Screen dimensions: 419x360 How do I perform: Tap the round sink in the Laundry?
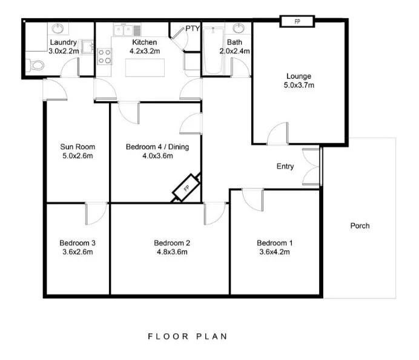click(58, 28)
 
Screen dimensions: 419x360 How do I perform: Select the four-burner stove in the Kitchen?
click(105, 56)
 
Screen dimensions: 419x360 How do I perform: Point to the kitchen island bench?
click(145, 68)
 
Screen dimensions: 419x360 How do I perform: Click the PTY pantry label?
click(193, 28)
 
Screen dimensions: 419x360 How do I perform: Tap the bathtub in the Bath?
click(213, 50)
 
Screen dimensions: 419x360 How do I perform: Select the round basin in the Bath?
click(238, 28)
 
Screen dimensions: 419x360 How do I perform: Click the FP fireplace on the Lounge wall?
click(297, 21)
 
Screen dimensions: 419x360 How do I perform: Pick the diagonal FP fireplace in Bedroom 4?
click(186, 188)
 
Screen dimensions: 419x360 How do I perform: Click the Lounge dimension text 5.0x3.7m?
click(299, 85)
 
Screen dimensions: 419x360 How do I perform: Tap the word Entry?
click(285, 166)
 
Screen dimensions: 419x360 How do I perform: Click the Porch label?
click(360, 225)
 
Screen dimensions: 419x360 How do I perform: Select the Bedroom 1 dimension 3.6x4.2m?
click(274, 252)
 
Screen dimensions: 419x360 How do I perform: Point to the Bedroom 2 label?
click(172, 243)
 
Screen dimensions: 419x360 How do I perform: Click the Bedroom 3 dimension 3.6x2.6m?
click(78, 252)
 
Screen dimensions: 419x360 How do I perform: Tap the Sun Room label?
click(78, 147)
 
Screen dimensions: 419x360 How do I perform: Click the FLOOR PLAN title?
click(188, 336)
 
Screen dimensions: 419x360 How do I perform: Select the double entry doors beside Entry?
click(311, 167)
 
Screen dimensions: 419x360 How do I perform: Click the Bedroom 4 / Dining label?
click(157, 147)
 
